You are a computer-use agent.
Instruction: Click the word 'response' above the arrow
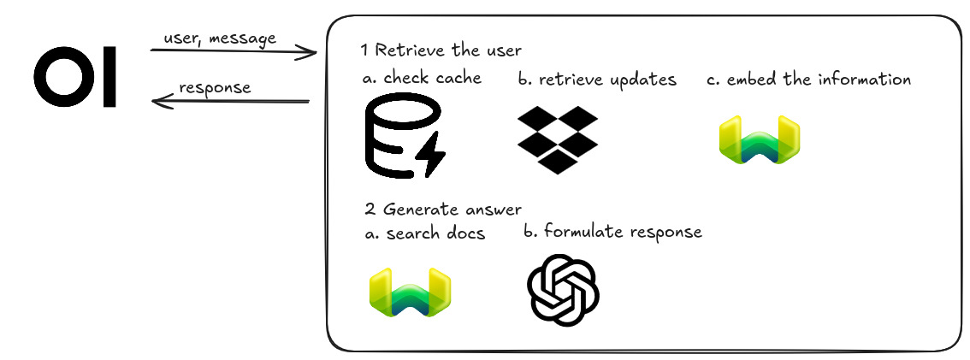[215, 87]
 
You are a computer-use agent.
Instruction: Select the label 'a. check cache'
[422, 79]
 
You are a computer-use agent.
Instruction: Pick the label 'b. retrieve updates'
[597, 80]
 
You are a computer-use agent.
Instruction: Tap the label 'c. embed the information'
[808, 80]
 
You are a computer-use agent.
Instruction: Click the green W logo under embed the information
[760, 142]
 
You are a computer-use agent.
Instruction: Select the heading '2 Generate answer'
[441, 209]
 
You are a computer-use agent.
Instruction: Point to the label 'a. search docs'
[424, 233]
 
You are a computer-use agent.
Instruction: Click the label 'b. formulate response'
[612, 232]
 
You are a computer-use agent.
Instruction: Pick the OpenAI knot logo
[562, 290]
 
